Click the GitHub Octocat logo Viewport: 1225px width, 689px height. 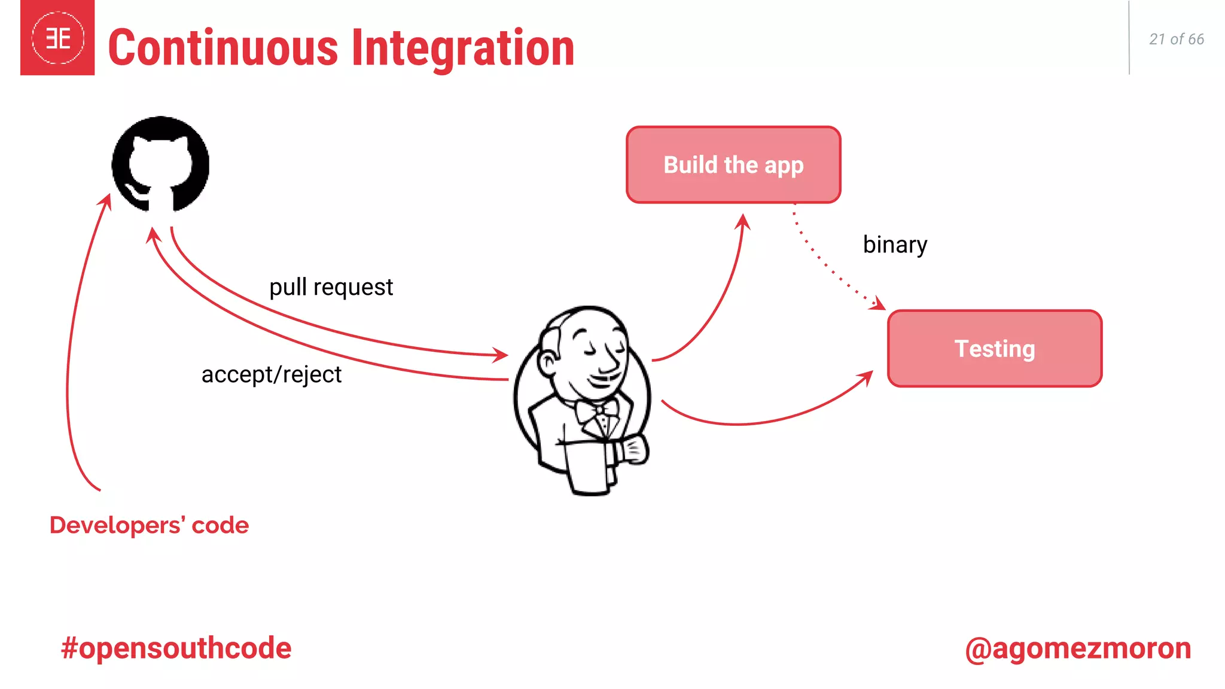160,164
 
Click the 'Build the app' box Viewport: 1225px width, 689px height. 733,164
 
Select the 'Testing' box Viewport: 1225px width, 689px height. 994,348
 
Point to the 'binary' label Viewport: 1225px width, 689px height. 895,245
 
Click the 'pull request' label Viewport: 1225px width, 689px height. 331,287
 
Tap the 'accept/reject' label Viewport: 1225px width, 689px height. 271,374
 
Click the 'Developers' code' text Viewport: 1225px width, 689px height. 149,525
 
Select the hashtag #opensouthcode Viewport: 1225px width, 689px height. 176,648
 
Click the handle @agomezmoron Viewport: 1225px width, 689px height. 1078,648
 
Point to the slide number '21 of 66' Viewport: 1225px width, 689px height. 1176,39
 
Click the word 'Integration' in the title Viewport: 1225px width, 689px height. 463,48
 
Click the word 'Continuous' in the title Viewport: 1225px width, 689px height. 223,48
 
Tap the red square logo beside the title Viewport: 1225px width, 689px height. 57,38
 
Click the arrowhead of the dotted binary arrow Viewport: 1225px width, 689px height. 879,304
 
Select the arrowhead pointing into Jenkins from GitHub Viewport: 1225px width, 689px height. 501,355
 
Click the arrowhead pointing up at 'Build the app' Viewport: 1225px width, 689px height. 743,221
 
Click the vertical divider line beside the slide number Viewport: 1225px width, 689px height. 1129,38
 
